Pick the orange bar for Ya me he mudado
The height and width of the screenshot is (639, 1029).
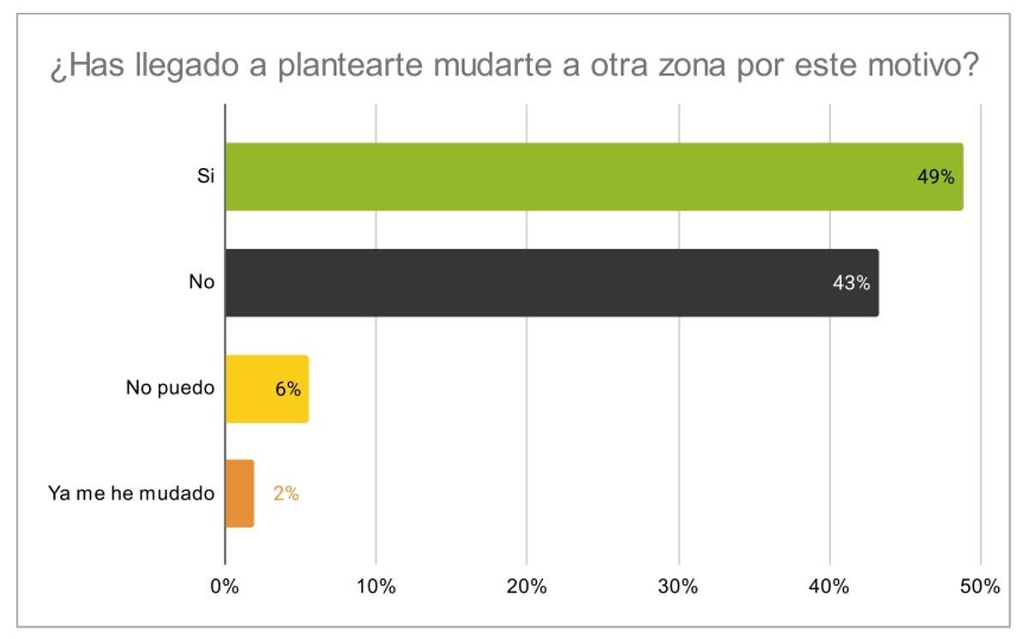point(239,493)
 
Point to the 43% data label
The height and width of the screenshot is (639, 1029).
point(851,283)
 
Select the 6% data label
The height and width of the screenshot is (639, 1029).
point(287,389)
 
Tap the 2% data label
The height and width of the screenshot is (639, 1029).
point(286,494)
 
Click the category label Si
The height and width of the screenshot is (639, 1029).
point(205,177)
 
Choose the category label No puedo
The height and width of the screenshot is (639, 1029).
point(170,389)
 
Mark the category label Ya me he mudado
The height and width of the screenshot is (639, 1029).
point(131,494)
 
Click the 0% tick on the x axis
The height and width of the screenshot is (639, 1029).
point(225,588)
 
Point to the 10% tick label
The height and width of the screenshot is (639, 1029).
point(376,588)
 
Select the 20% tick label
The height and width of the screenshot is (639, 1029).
point(527,588)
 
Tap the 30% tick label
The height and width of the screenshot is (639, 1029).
point(678,588)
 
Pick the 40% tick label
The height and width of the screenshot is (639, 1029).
point(829,588)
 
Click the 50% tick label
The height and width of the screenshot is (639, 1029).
point(980,588)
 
